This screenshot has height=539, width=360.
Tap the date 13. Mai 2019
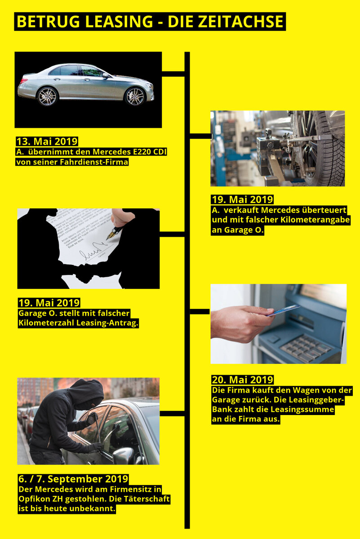[x=47, y=141]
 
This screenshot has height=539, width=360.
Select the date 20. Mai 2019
[x=243, y=380]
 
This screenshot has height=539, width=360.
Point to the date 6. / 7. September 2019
[x=73, y=479]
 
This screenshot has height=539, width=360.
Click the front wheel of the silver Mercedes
[x=135, y=96]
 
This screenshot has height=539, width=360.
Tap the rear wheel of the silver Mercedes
[x=47, y=96]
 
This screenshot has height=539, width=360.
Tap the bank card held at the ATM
[x=284, y=310]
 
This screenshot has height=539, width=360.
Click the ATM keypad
[x=305, y=348]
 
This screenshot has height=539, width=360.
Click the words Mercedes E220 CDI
[x=129, y=152]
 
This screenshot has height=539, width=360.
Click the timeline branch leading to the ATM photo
[x=200, y=311]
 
